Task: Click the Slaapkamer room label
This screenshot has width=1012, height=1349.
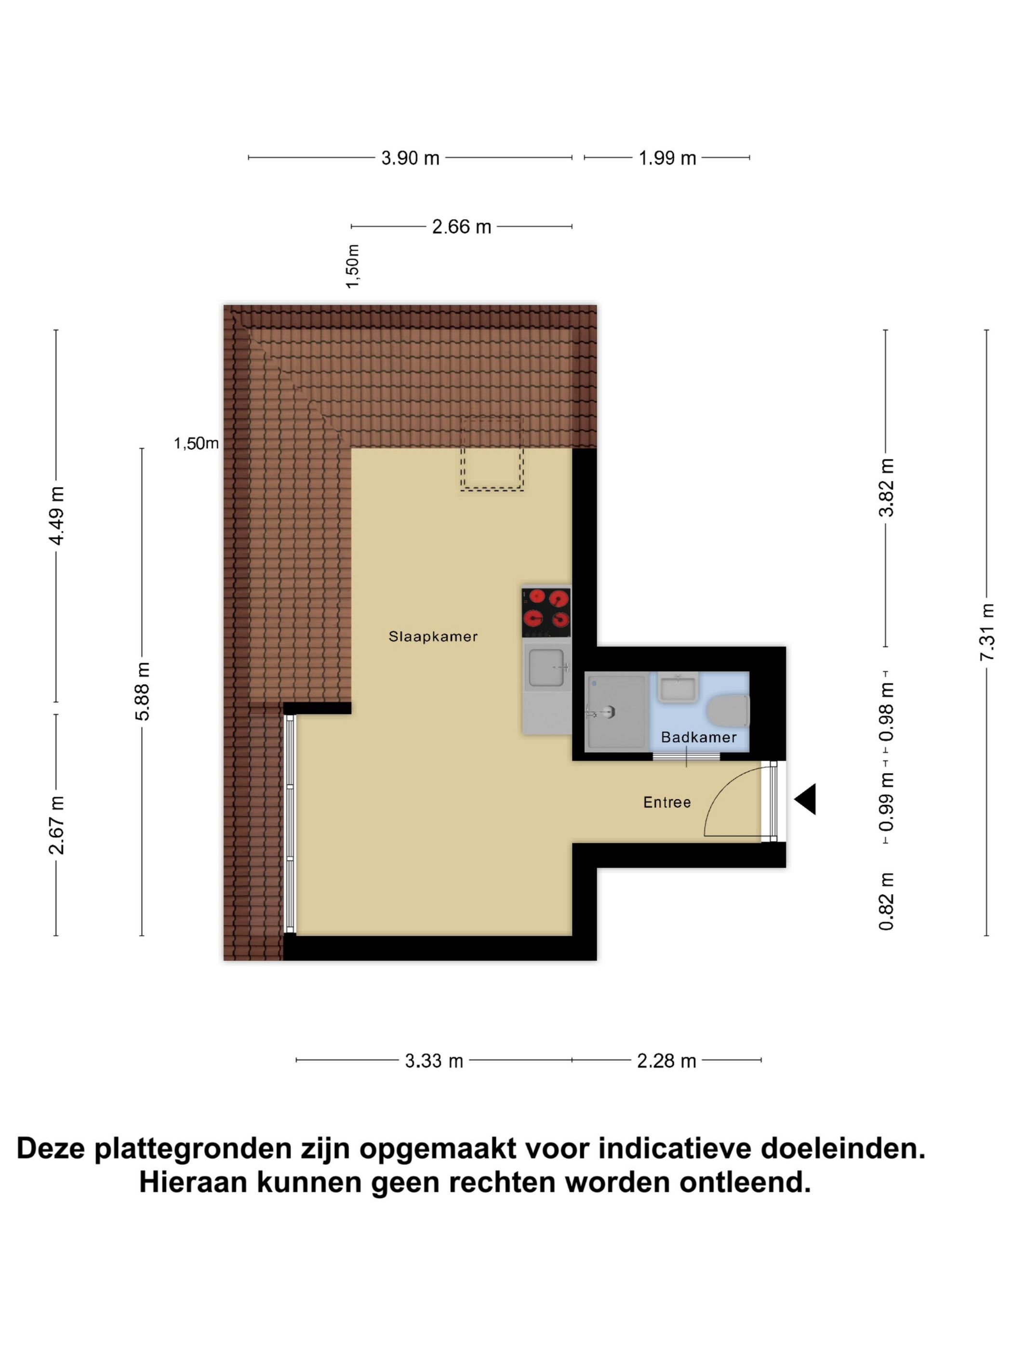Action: tap(432, 636)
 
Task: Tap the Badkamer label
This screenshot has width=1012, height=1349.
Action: tap(698, 737)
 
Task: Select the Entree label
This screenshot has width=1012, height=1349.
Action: tap(667, 802)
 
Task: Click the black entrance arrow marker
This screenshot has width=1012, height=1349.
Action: tap(806, 799)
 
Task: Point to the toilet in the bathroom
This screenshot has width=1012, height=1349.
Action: tap(728, 712)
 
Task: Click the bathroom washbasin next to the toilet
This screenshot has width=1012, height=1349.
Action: tap(678, 688)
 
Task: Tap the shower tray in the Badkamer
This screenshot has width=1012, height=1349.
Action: tap(615, 711)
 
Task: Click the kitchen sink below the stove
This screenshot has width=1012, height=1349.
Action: tap(547, 668)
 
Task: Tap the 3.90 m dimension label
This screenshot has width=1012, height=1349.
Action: tap(410, 158)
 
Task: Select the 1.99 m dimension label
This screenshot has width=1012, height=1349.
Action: tap(667, 158)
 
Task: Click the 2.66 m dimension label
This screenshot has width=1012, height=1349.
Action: tap(461, 227)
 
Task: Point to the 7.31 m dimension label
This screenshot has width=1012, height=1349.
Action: tap(987, 632)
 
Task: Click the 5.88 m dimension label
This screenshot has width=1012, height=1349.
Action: tap(142, 691)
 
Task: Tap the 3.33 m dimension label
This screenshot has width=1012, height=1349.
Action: tap(434, 1060)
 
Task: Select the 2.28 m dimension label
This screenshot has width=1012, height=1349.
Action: tap(666, 1060)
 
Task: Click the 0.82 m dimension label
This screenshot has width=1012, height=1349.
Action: tap(886, 901)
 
